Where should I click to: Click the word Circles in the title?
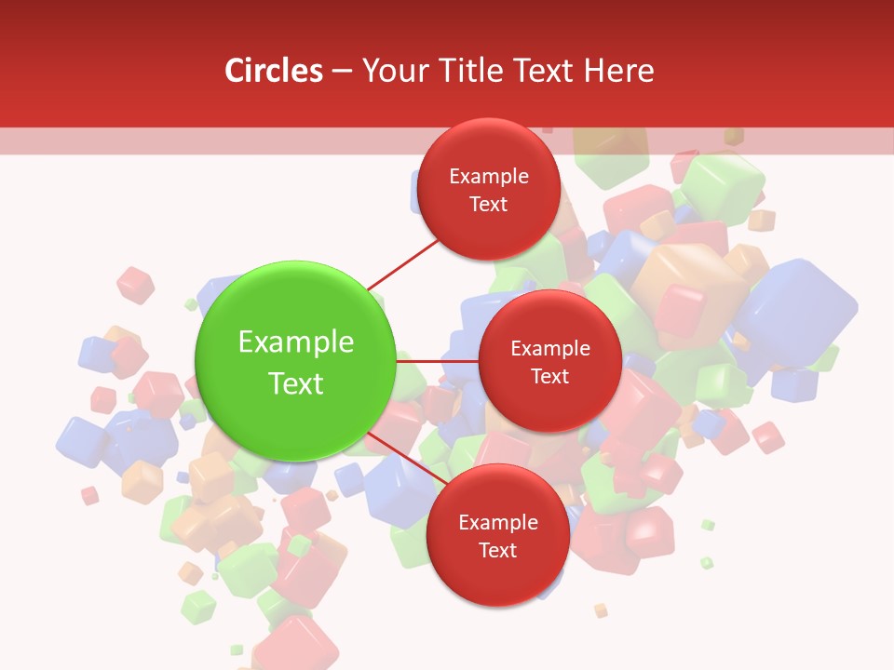(273, 71)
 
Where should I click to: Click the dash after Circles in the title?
(342, 72)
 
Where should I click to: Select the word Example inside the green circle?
(296, 342)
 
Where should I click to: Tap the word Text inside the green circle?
(296, 383)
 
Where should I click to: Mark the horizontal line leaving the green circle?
(438, 360)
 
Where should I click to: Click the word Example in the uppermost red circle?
(489, 177)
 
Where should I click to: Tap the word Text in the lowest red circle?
(497, 550)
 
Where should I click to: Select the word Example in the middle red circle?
(550, 349)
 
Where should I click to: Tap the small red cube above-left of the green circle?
(136, 285)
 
